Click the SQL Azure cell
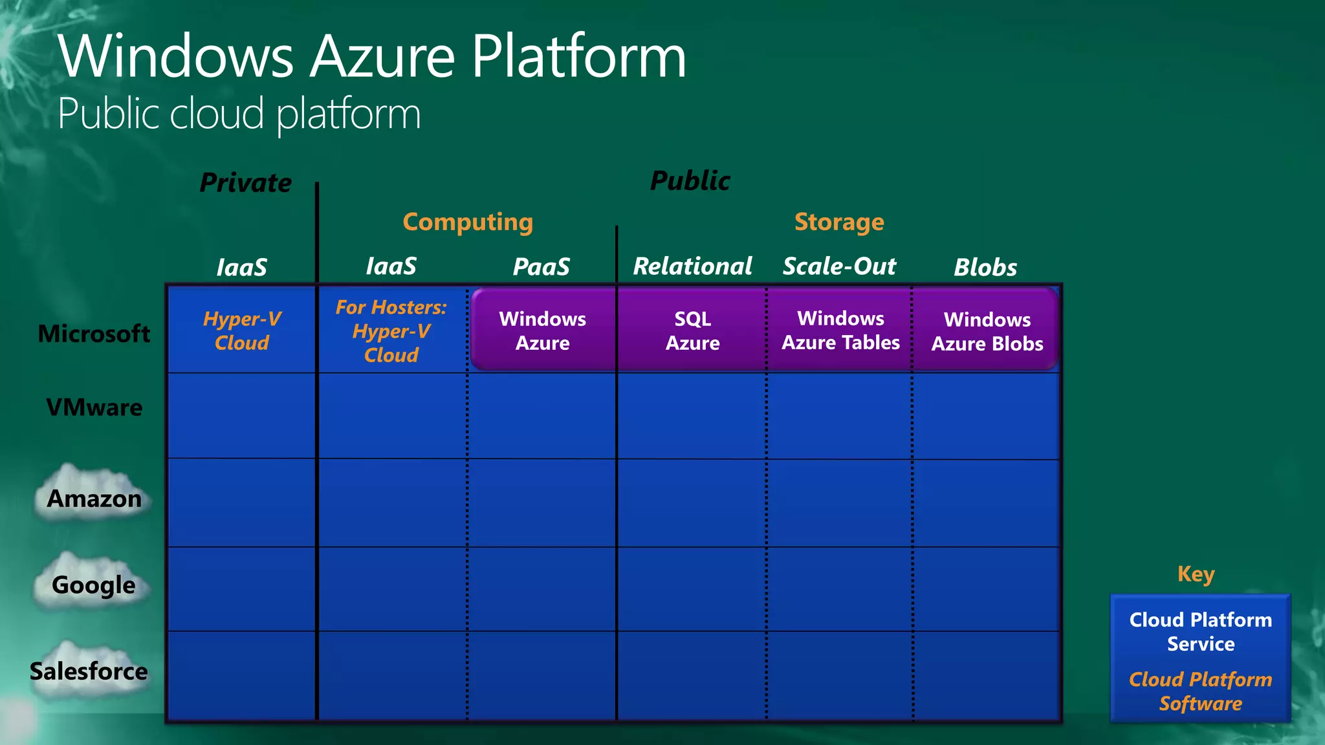pos(692,330)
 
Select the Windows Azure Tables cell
pos(840,330)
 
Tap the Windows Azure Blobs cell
pos(987,331)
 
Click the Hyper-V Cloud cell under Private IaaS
pos(241,330)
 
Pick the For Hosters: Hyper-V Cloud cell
pos(391,330)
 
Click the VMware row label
pos(94,407)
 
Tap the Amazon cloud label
pos(94,498)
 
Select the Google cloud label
pos(94,584)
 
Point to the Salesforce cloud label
pos(89,671)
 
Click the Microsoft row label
pos(94,334)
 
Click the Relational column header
pos(692,266)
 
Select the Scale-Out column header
pos(839,266)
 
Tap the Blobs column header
pos(985,267)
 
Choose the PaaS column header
pos(542,266)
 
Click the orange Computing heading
pos(468,222)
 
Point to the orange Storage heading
pos(839,222)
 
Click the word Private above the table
pos(246,182)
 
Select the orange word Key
pos(1196,574)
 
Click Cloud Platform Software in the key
pos(1200,691)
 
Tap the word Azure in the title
pos(383,57)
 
